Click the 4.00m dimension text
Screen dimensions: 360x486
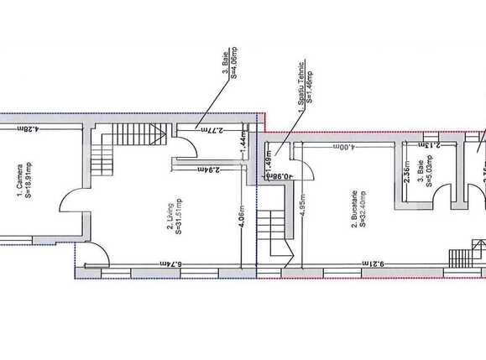tap(344, 147)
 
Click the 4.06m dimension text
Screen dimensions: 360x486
tap(243, 220)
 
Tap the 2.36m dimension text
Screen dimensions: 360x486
tap(406, 173)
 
